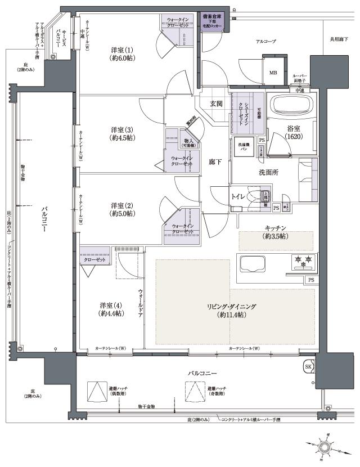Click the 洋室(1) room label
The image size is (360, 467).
[122, 53]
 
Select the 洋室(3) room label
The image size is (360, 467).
[122, 133]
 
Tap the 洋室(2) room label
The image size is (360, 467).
[122, 209]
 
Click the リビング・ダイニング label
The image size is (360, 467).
[235, 311]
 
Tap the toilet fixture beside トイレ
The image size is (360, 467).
[256, 197]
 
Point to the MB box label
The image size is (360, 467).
[273, 73]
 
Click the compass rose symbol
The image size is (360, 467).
[325, 446]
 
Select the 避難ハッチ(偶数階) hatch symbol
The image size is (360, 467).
[96, 390]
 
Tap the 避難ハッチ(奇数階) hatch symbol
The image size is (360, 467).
[195, 390]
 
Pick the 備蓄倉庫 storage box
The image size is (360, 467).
[215, 22]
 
